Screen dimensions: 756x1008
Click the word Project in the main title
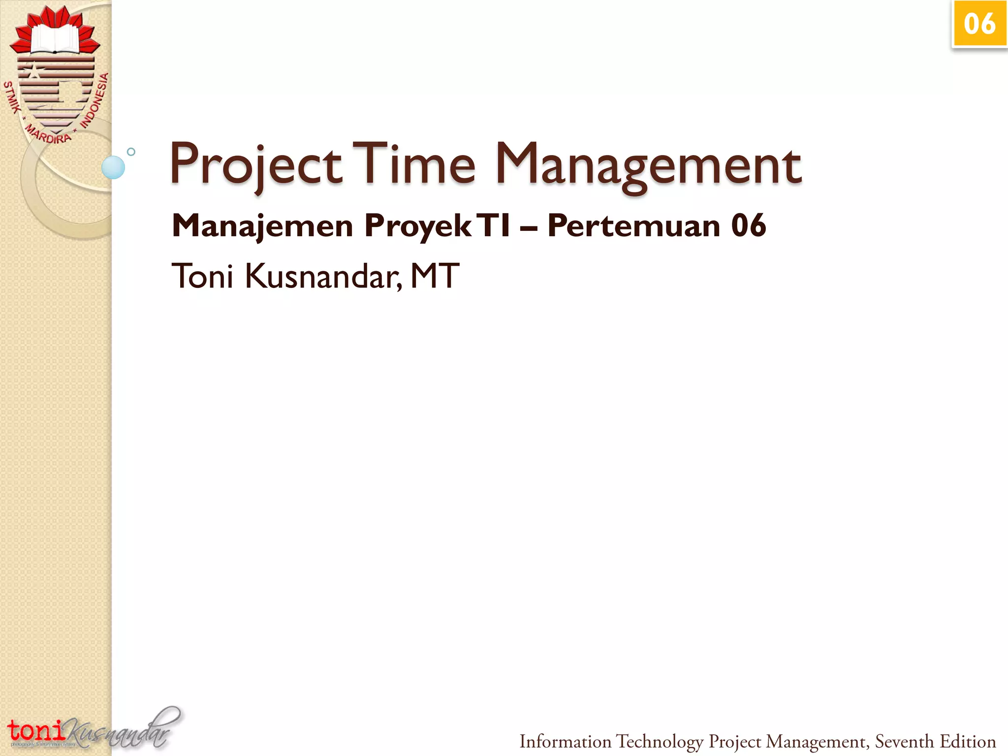coord(256,165)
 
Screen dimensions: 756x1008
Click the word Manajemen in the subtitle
coord(262,226)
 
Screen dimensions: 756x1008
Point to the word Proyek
coord(417,226)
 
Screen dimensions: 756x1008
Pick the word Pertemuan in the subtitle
coord(634,226)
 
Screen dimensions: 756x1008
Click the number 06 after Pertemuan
coord(748,226)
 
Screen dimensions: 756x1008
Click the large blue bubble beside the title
coord(113,167)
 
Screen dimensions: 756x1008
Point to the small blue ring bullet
coord(131,152)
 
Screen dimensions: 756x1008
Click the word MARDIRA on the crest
coord(48,134)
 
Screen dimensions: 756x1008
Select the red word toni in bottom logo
coord(35,730)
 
